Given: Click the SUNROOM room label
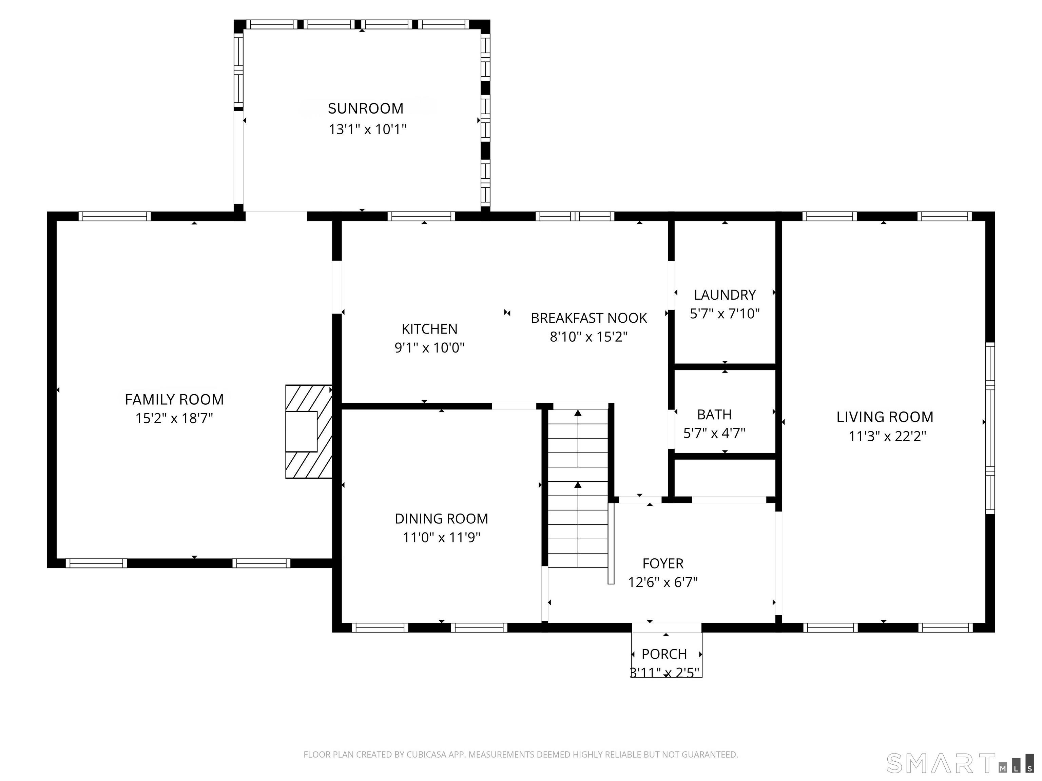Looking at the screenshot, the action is (366, 109).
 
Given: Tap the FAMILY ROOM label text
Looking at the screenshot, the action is (174, 400).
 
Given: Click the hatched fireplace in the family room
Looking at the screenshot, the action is (309, 432).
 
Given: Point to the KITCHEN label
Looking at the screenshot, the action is (430, 329).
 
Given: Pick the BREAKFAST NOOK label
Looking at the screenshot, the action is (589, 318).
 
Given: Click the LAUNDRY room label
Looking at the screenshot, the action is (725, 295).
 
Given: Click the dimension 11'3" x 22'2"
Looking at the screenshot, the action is (887, 436).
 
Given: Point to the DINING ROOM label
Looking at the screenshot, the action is (441, 519).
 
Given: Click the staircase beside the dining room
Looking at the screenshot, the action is (578, 488).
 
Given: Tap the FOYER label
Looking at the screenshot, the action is (663, 563).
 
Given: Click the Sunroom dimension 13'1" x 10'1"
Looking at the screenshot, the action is (367, 129).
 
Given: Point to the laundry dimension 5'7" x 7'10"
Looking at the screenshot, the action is (725, 314).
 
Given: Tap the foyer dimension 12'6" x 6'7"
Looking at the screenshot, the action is (663, 582).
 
